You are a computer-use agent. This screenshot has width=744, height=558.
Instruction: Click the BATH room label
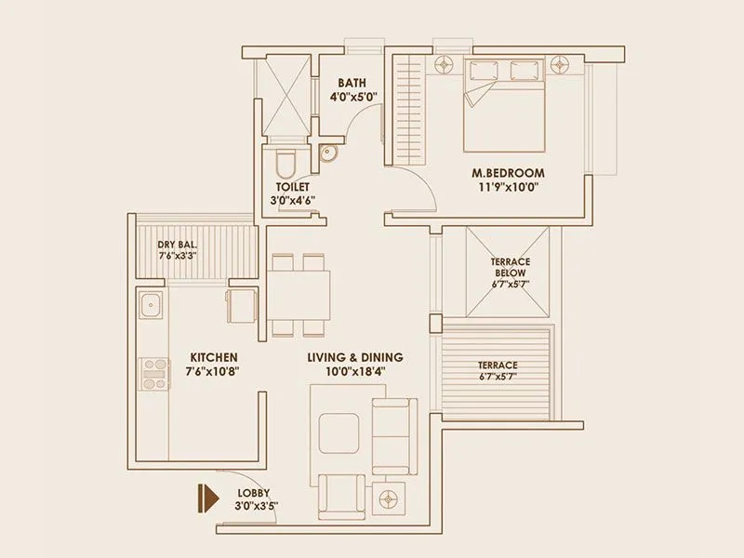tap(352, 82)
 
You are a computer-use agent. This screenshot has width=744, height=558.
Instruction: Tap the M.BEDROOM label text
tap(508, 173)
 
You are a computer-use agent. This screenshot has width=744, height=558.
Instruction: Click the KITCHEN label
tap(214, 357)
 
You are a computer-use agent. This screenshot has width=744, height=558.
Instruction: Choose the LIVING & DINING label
tap(355, 357)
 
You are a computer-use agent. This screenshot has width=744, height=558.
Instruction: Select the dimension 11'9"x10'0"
tap(508, 186)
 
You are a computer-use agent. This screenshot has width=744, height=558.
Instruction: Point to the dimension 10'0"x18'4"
tap(355, 371)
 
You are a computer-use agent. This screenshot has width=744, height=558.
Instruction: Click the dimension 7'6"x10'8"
tap(214, 371)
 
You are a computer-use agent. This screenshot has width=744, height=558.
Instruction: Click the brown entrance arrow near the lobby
tap(202, 497)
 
